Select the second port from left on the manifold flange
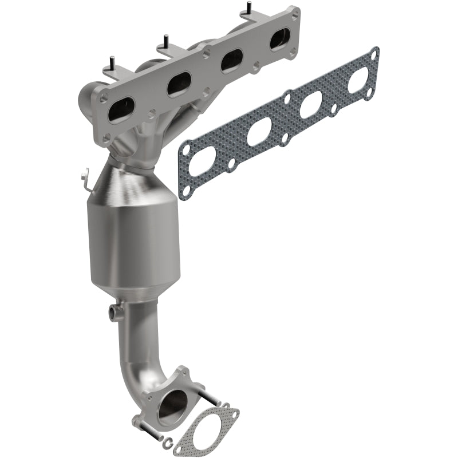click(179, 84)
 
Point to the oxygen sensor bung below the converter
click(115, 312)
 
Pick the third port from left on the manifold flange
click(232, 60)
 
